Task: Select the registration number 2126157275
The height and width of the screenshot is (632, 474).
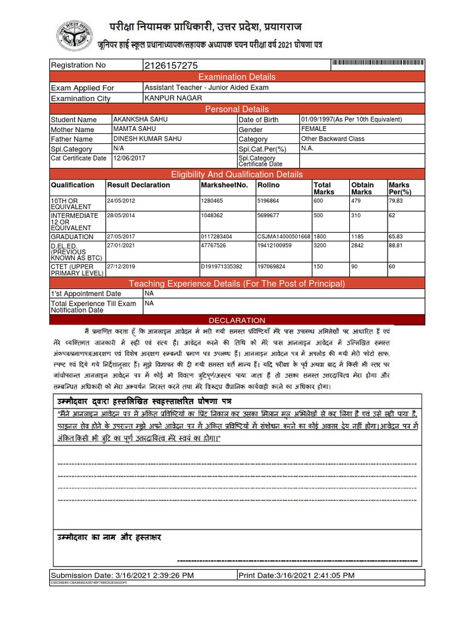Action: point(171,65)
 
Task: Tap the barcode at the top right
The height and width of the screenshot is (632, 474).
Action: point(378,64)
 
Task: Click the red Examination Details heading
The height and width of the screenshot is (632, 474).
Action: point(237,77)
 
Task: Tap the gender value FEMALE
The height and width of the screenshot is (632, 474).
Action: point(314,129)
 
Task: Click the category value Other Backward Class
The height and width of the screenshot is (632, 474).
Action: point(333,139)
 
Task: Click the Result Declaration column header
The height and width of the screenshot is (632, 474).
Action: point(138,185)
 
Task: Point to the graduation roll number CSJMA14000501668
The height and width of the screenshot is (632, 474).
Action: point(283,236)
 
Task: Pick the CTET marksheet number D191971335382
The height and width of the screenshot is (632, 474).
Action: point(222,267)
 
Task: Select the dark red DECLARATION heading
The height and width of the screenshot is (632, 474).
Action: point(237,320)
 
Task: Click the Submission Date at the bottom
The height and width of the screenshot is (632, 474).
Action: point(122,575)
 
